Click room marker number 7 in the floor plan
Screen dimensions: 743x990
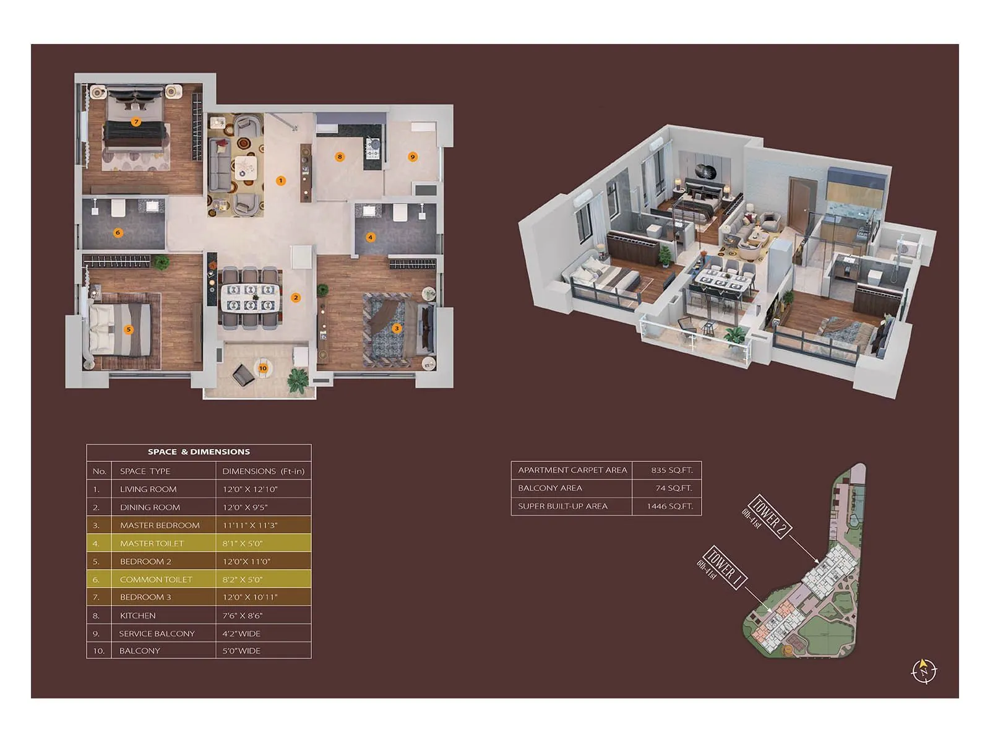point(136,122)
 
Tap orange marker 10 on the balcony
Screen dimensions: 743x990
point(263,368)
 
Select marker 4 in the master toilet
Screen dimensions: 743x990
point(370,237)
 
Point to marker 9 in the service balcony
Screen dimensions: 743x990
point(413,157)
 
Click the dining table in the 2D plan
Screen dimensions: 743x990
point(251,297)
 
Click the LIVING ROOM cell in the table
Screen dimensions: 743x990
point(148,489)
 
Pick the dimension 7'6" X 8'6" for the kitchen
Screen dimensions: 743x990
point(243,615)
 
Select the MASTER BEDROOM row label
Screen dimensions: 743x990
point(160,525)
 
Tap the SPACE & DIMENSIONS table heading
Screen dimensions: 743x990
point(199,452)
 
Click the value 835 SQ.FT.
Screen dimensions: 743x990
point(671,470)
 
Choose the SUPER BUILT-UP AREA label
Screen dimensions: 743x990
point(562,506)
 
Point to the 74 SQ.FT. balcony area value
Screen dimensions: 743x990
point(674,488)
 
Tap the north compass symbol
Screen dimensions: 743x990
point(924,671)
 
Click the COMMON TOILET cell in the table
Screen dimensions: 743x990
point(156,580)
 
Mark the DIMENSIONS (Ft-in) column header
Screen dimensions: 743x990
point(263,471)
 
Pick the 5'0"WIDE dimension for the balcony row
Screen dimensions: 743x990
point(241,651)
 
